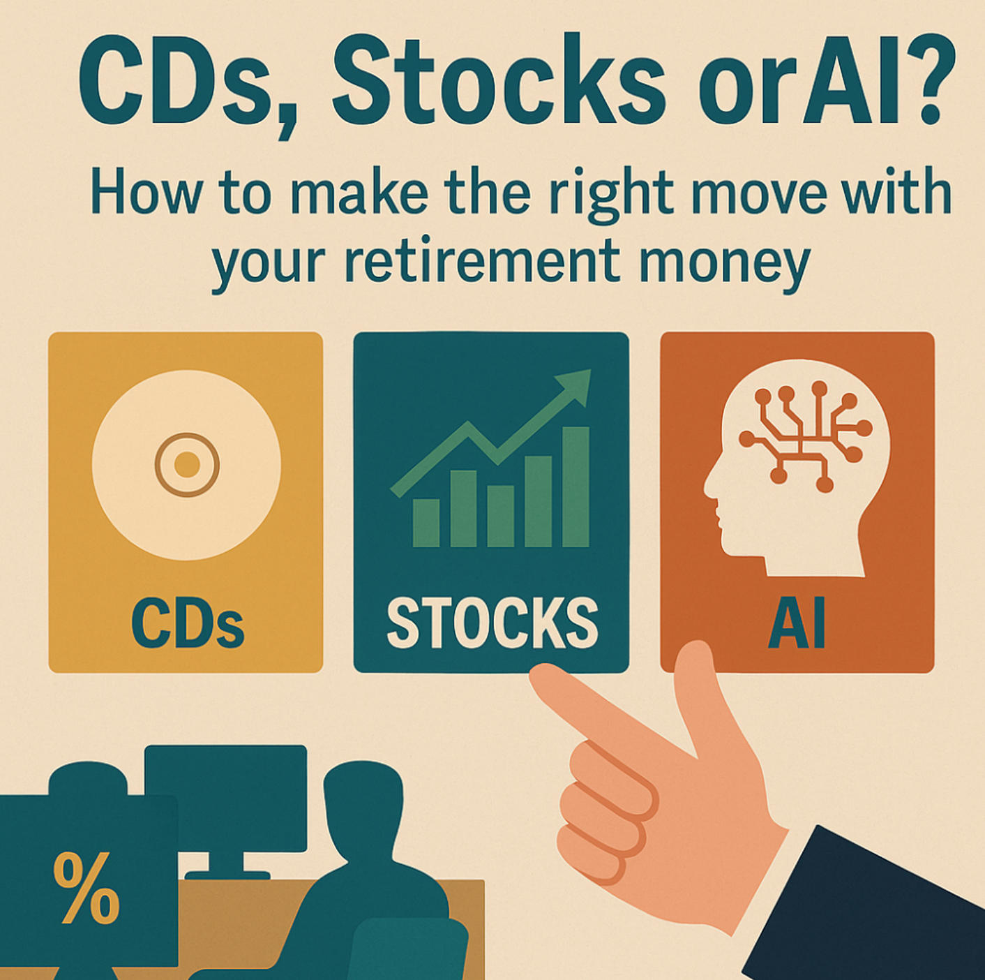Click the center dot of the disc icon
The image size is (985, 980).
(186, 464)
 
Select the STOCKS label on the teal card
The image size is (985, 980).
(491, 623)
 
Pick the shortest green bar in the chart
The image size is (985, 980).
(426, 523)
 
